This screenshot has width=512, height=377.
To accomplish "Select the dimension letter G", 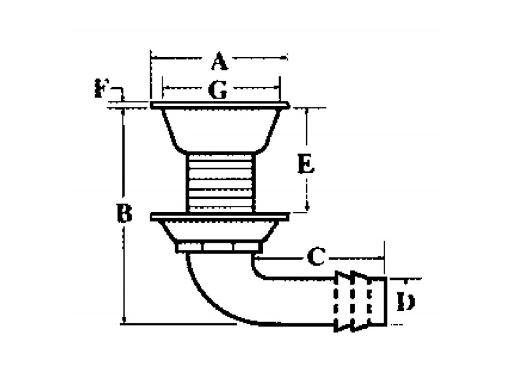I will click(218, 91).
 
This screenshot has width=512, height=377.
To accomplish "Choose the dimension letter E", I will click(306, 165).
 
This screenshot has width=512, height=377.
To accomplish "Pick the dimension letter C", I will click(319, 258).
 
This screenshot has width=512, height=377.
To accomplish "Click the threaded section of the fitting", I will click(220, 183).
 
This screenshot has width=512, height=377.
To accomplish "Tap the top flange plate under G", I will click(220, 104).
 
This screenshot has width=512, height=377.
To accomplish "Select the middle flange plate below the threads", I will click(220, 217).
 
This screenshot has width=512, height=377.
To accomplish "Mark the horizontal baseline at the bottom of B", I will click(178, 324).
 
